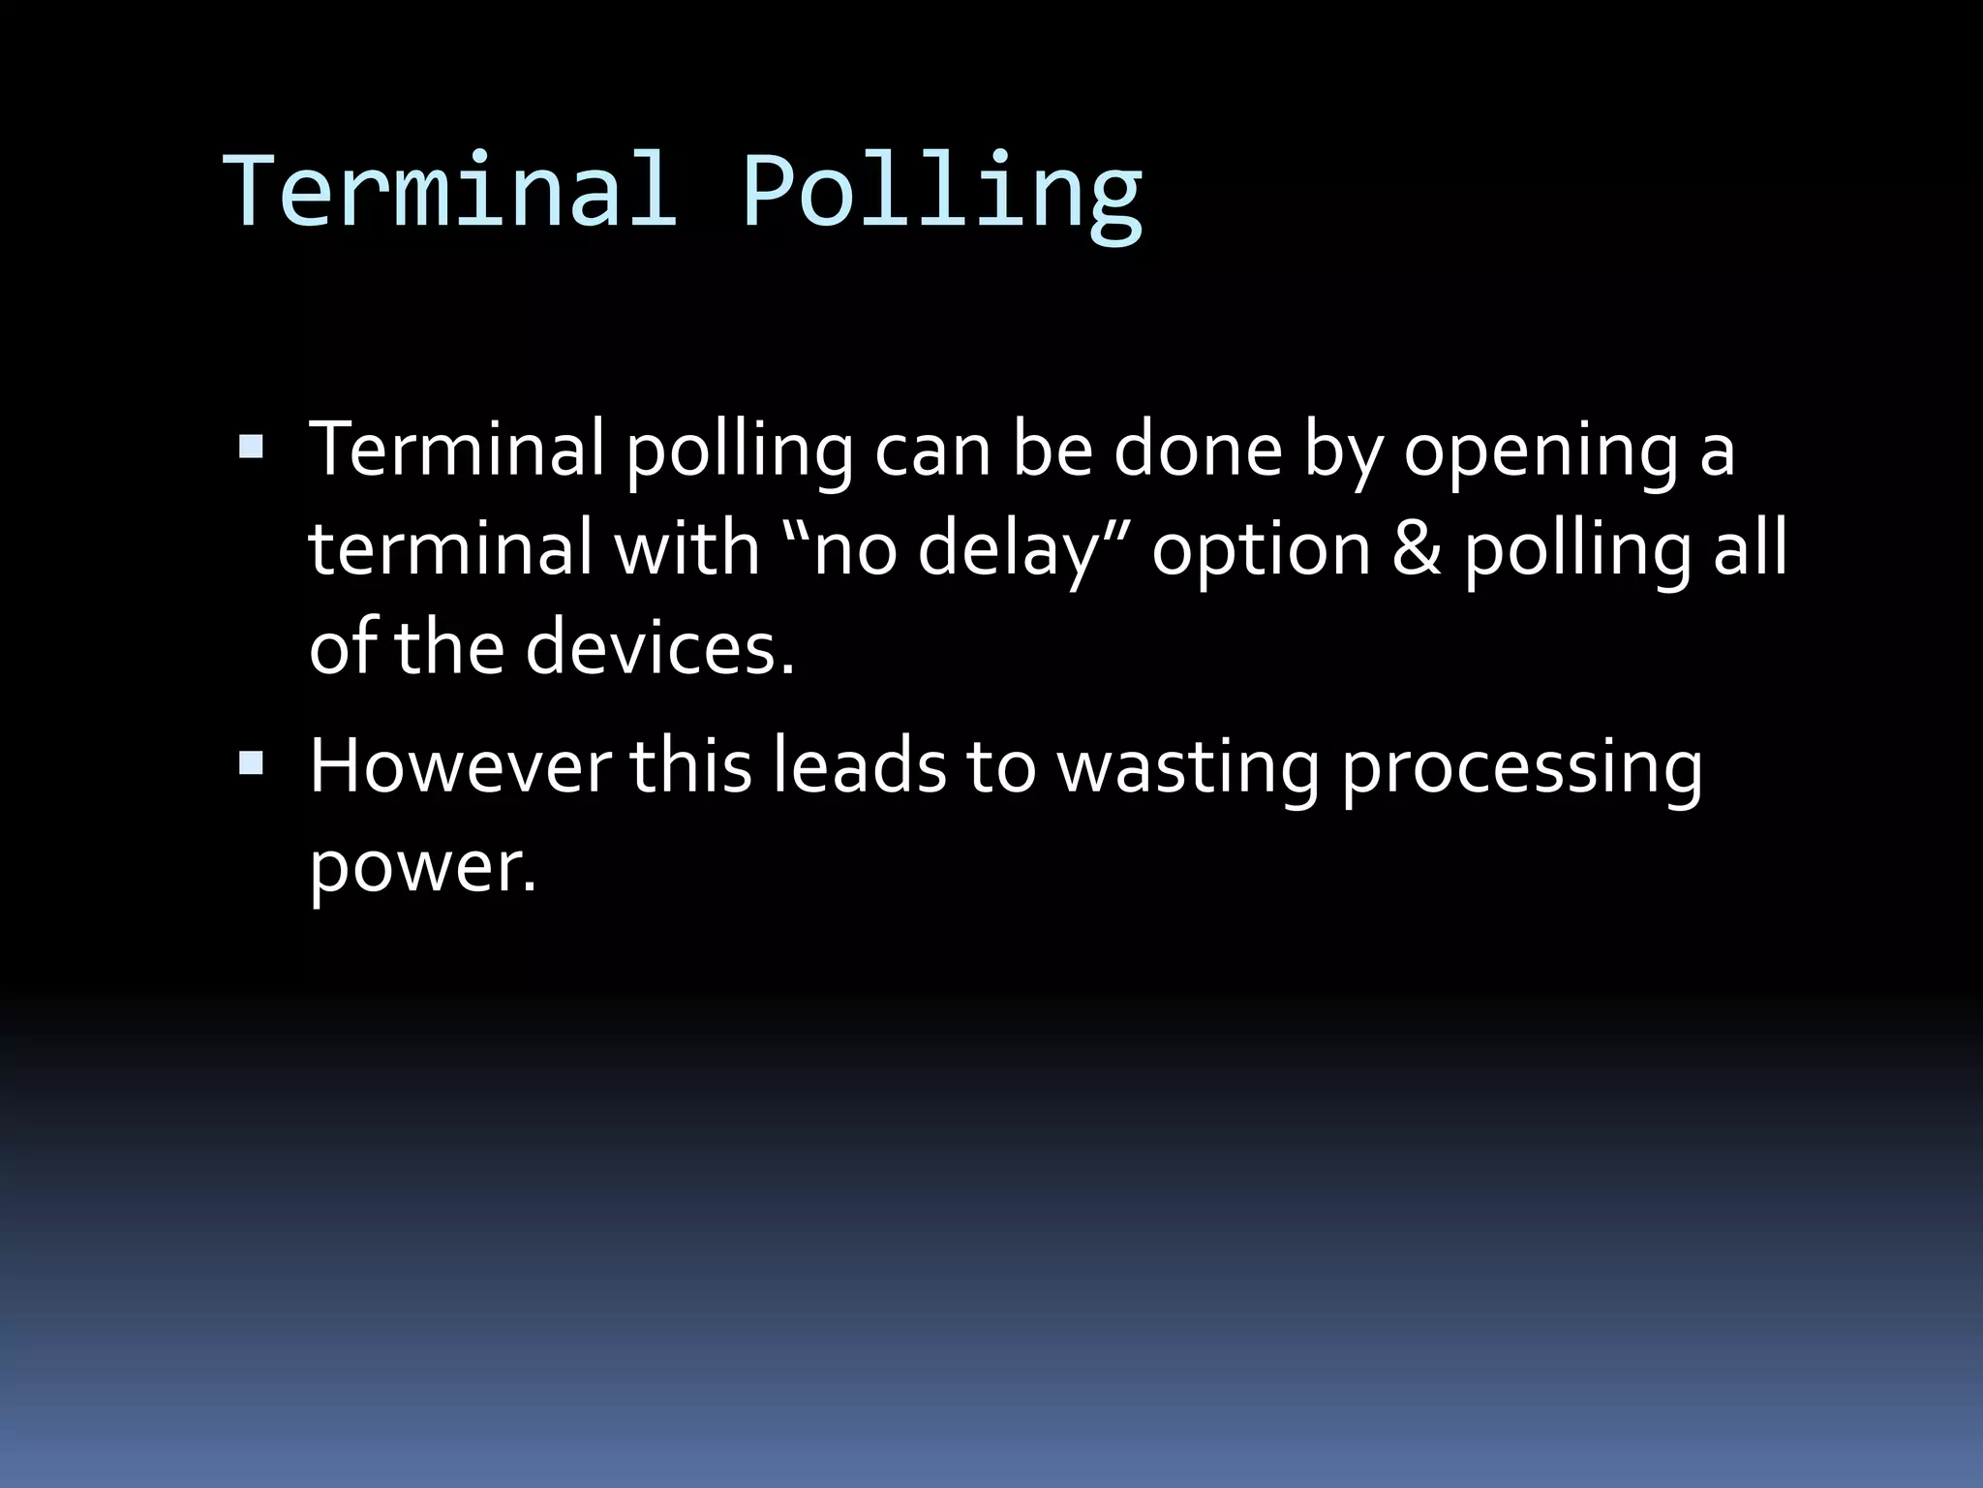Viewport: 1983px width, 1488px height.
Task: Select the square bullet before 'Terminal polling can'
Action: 250,447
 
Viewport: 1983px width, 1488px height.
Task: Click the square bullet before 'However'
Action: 250,763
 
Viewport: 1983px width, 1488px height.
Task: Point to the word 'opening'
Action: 1541,453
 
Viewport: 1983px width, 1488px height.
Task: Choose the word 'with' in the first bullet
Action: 686,548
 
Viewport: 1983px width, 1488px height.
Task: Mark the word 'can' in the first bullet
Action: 932,450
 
